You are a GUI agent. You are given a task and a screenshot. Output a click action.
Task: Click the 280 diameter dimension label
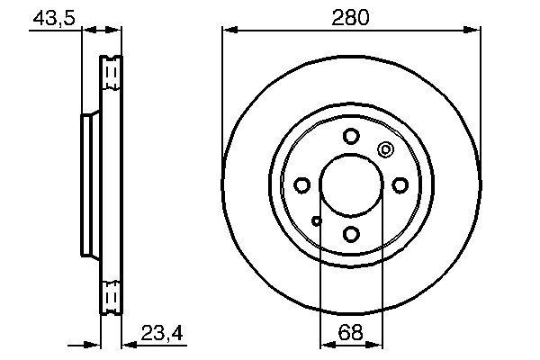pyautogui.click(x=351, y=17)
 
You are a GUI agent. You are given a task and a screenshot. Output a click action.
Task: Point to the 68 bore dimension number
pyautogui.click(x=351, y=334)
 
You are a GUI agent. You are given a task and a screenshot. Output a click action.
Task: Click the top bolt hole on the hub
pyautogui.click(x=351, y=137)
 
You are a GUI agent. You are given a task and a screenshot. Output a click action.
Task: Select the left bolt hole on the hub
pyautogui.click(x=302, y=185)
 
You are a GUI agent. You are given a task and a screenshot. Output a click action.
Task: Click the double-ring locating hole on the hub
pyautogui.click(x=386, y=150)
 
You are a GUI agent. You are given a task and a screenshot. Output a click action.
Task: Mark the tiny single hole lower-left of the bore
pyautogui.click(x=316, y=220)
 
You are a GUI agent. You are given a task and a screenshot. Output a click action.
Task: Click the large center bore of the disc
pyautogui.click(x=351, y=185)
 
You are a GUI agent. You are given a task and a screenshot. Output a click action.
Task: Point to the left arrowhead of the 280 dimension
pyautogui.click(x=228, y=31)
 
